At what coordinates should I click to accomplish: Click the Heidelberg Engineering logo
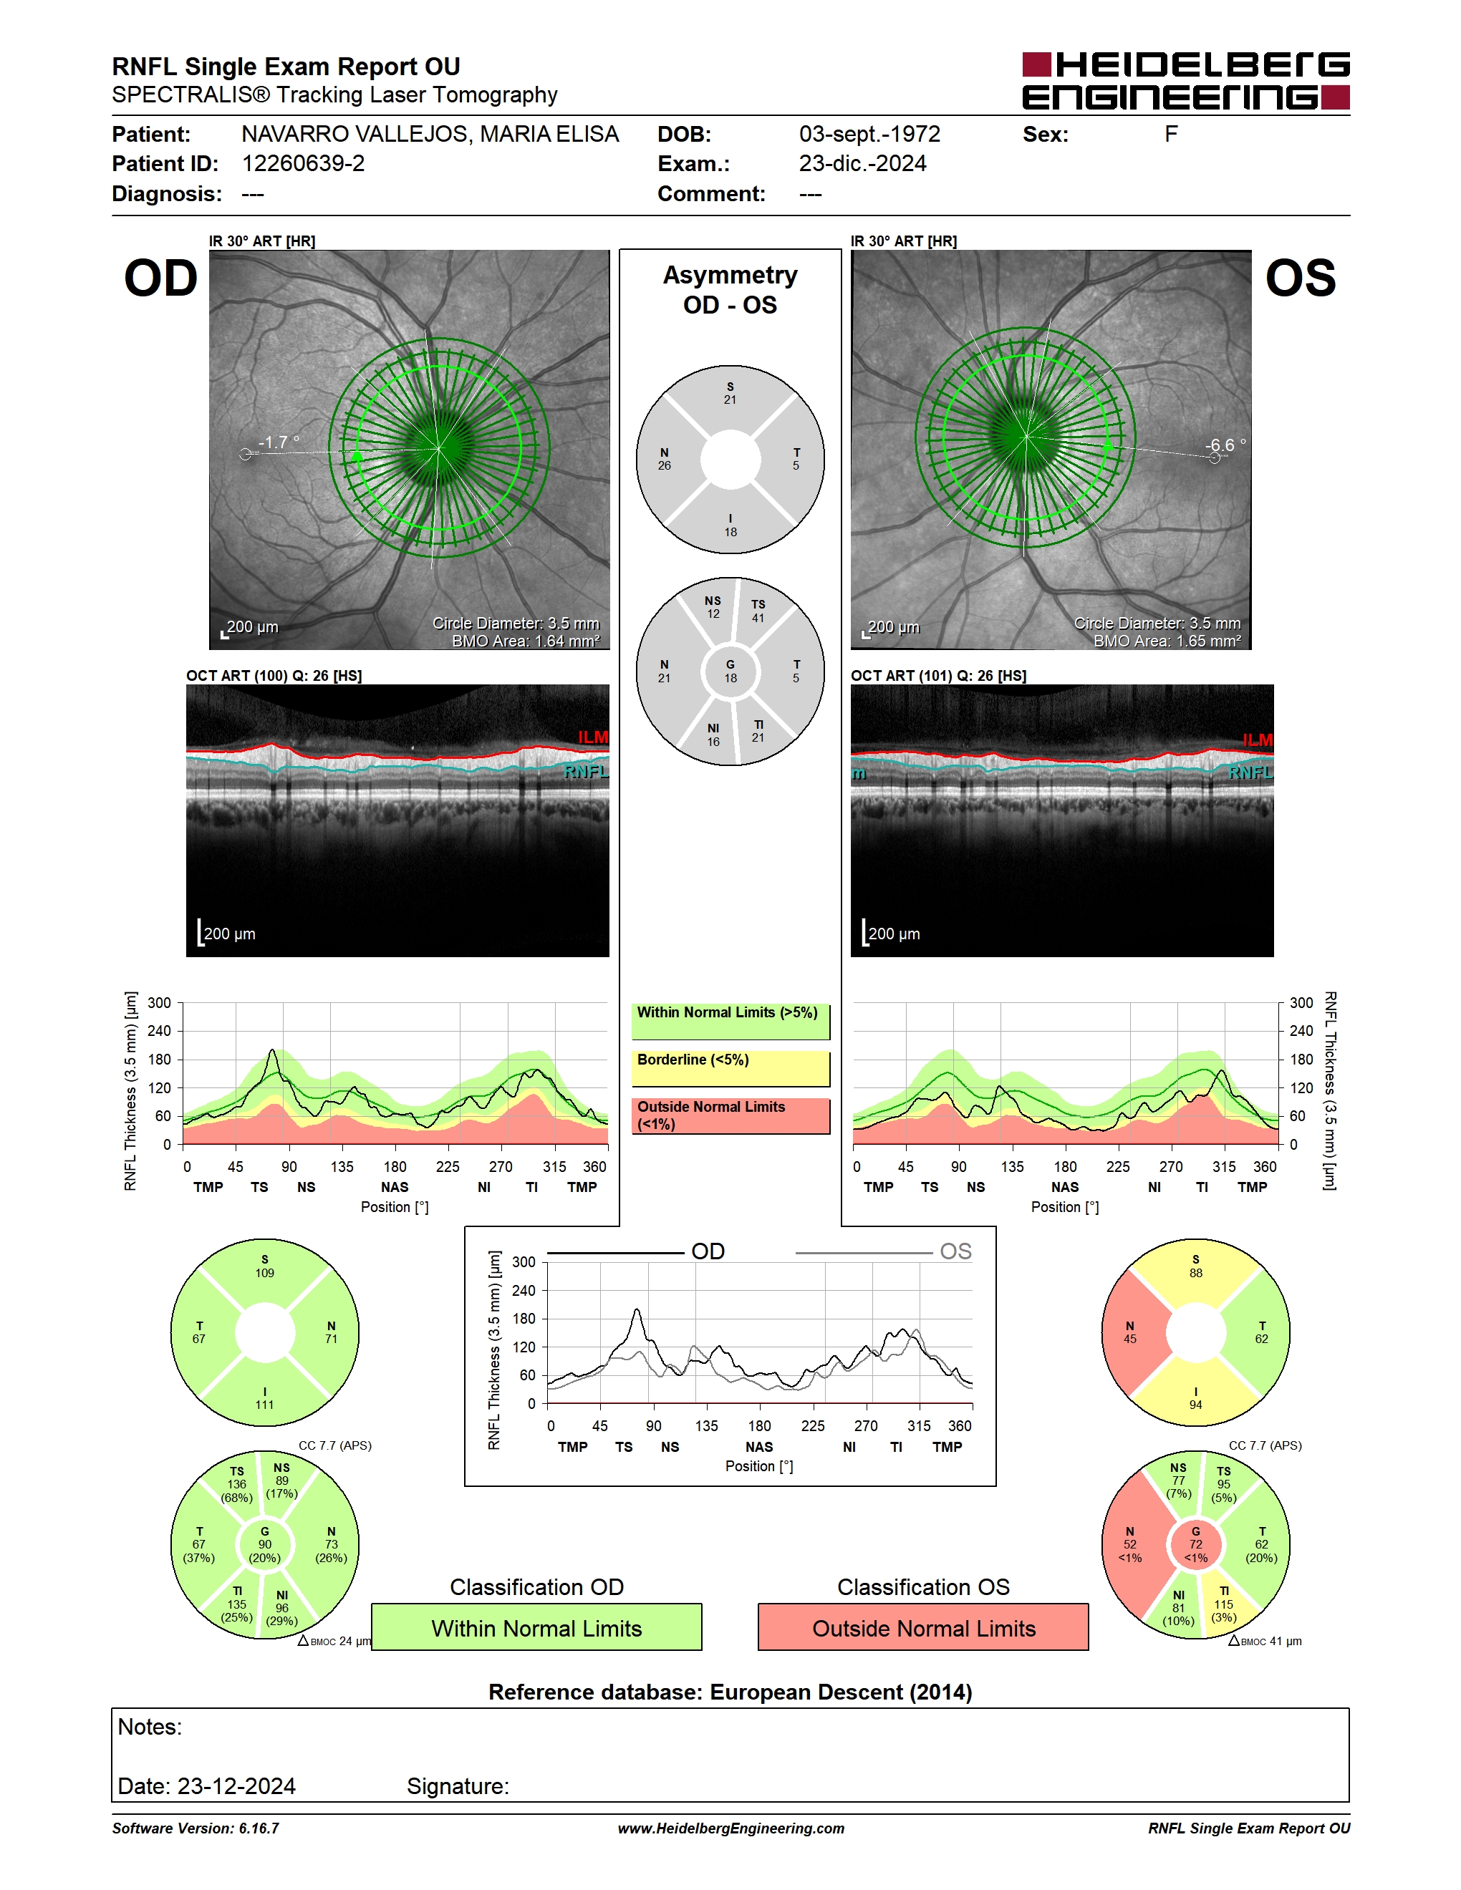point(1186,80)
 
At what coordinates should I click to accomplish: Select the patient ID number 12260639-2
point(303,163)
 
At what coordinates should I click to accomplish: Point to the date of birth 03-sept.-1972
point(869,134)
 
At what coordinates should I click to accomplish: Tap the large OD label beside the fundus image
point(161,278)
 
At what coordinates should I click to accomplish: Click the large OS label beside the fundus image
point(1300,278)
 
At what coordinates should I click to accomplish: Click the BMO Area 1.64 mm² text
point(526,641)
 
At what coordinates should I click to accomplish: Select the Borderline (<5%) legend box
point(730,1069)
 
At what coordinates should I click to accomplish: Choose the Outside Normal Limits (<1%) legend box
point(730,1115)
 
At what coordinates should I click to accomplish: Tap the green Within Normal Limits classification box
point(536,1628)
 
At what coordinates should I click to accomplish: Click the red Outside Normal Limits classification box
point(924,1628)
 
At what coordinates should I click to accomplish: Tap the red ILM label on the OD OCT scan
point(593,737)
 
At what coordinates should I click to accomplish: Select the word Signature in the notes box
point(458,1786)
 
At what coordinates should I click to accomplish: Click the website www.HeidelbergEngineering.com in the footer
point(730,1828)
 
